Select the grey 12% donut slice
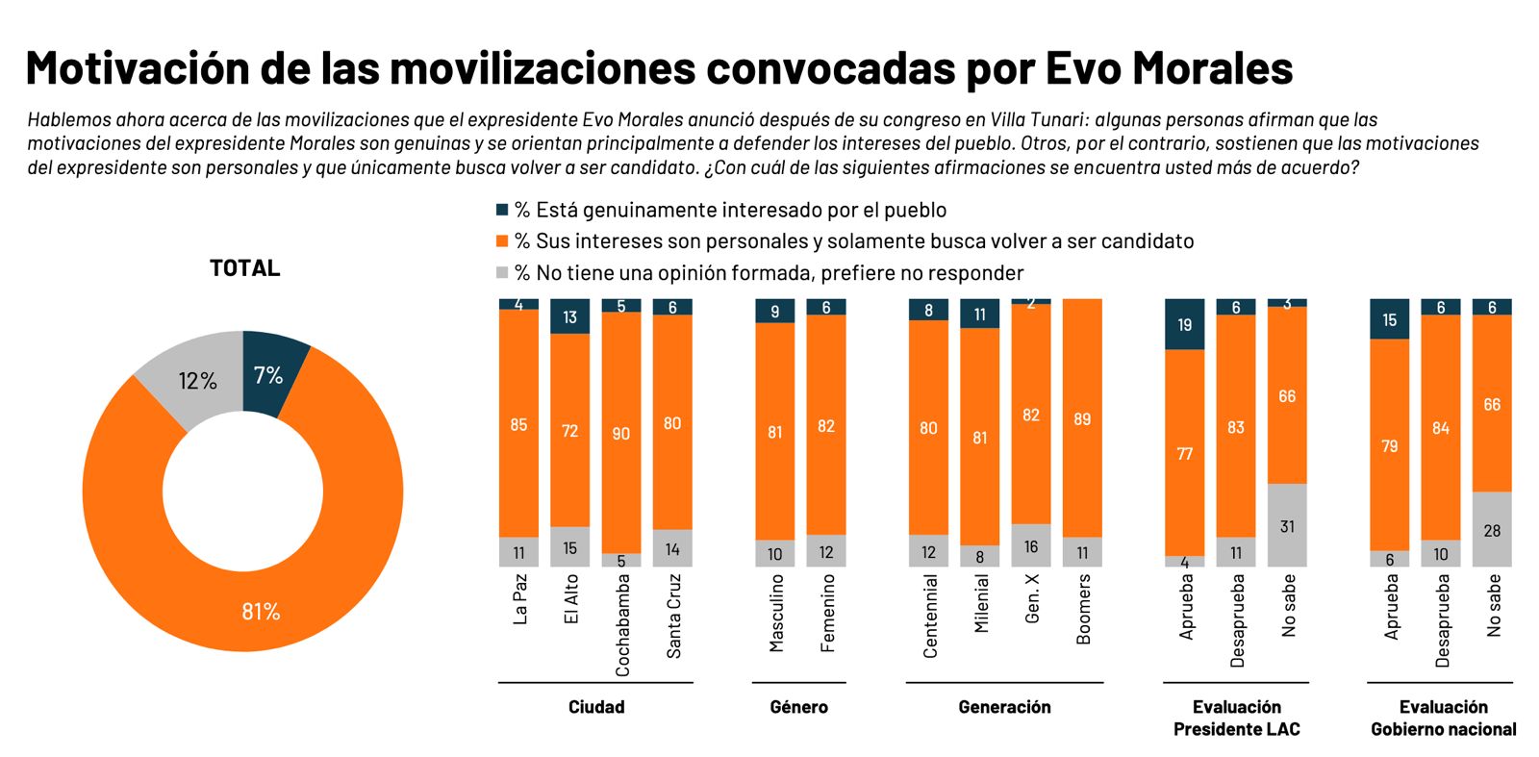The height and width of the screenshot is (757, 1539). [196, 379]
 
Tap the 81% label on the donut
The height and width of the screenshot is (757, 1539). [261, 612]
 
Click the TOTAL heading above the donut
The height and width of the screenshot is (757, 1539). [244, 268]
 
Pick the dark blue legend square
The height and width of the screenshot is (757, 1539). [501, 210]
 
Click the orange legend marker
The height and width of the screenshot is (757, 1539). [501, 240]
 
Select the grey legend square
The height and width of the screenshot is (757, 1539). [501, 272]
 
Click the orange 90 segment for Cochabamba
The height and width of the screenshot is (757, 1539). [621, 433]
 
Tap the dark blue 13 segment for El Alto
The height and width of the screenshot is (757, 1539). [570, 316]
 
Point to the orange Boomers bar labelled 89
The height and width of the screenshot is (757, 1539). [1082, 418]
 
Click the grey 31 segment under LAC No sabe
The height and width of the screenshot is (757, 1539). [1287, 525]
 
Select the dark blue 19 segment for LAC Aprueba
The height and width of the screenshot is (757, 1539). [1185, 324]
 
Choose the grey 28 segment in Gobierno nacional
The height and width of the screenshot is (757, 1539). [1492, 530]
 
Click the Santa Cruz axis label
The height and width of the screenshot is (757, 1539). [673, 617]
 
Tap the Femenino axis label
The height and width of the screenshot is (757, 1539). [827, 614]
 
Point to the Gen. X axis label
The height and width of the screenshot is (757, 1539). [1032, 599]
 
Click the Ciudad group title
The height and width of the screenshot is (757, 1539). [596, 707]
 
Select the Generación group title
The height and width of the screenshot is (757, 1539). [1004, 707]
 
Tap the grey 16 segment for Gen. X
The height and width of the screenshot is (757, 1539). [1031, 545]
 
